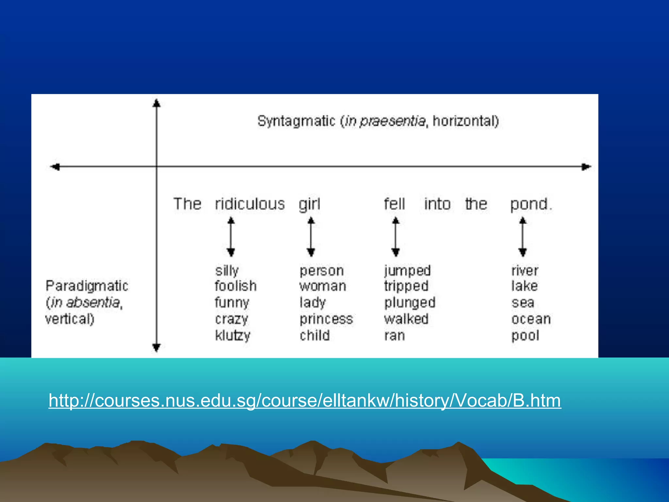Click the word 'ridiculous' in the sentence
(250, 204)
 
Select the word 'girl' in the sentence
(309, 205)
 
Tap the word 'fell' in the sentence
(394, 204)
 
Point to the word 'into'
(437, 204)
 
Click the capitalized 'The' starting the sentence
(187, 204)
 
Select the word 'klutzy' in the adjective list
(233, 335)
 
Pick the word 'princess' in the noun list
(326, 319)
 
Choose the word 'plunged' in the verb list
(410, 303)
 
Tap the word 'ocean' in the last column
(531, 319)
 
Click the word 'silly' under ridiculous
(227, 271)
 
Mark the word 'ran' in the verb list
(395, 336)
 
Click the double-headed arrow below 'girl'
(311, 237)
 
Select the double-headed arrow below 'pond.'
(523, 237)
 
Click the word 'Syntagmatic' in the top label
(296, 121)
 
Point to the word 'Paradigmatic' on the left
(87, 286)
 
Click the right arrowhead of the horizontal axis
(586, 167)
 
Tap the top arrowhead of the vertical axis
(156, 103)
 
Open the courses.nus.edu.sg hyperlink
(305, 400)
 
